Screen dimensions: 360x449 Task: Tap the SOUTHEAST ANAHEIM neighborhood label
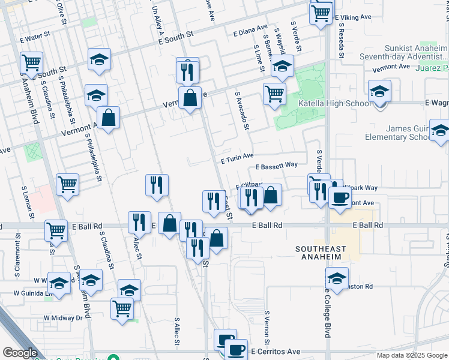pyautogui.click(x=318, y=253)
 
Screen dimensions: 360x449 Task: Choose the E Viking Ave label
pyautogui.click(x=355, y=18)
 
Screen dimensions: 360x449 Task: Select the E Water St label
pyautogui.click(x=34, y=38)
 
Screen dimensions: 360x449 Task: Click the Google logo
pyautogui.click(x=20, y=353)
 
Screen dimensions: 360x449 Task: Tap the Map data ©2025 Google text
pyautogui.click(x=411, y=355)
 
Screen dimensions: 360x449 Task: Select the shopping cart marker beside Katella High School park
pyautogui.click(x=274, y=94)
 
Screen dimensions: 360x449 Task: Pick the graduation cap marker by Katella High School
pyautogui.click(x=379, y=92)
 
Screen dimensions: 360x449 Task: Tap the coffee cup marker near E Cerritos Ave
pyautogui.click(x=236, y=350)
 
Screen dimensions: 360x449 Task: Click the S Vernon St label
pyautogui.click(x=267, y=324)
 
